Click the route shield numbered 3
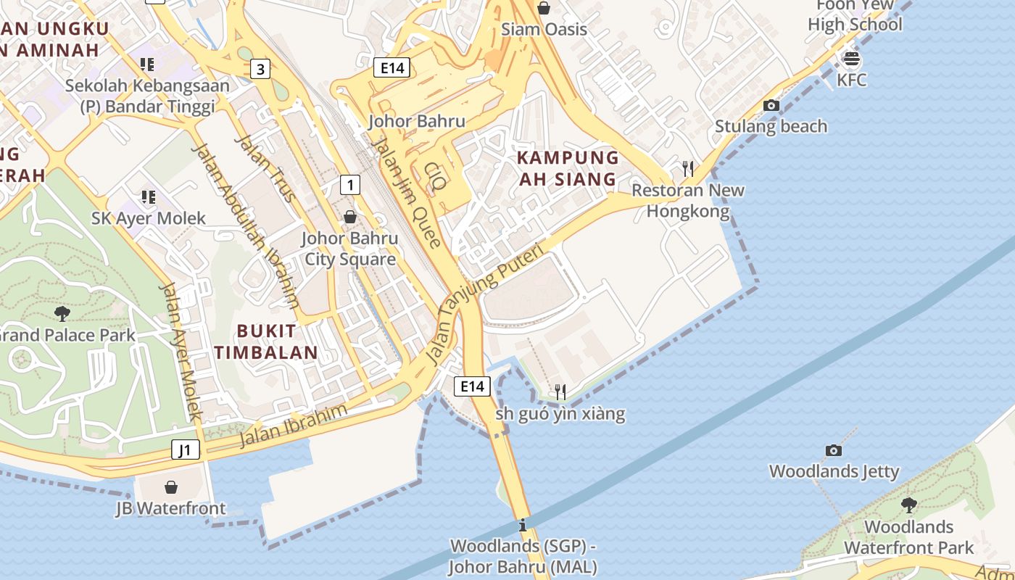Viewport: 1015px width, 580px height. pyautogui.click(x=260, y=70)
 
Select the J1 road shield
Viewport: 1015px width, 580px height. pyautogui.click(x=186, y=450)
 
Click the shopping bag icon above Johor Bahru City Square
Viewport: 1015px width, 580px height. pyautogui.click(x=350, y=217)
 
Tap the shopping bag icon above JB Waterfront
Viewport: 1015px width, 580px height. pyautogui.click(x=171, y=486)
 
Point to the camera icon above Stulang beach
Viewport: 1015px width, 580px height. pyautogui.click(x=771, y=106)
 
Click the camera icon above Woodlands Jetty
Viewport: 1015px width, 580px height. pyautogui.click(x=834, y=450)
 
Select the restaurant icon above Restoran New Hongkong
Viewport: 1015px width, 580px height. pyautogui.click(x=688, y=169)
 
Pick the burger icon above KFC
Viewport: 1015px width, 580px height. pyautogui.click(x=851, y=59)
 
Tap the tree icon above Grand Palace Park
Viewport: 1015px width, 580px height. pyautogui.click(x=62, y=313)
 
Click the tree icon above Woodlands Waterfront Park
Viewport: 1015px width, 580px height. pyautogui.click(x=908, y=505)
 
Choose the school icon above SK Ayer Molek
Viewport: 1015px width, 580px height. pyautogui.click(x=149, y=196)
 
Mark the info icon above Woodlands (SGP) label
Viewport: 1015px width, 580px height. pyautogui.click(x=523, y=525)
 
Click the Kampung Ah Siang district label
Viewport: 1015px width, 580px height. pyautogui.click(x=568, y=168)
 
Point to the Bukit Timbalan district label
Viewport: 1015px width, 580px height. pyautogui.click(x=276, y=342)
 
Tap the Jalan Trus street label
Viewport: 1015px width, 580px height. pyautogui.click(x=265, y=168)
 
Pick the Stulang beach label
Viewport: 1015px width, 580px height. pyautogui.click(x=771, y=126)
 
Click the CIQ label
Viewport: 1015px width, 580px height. pyautogui.click(x=436, y=177)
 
